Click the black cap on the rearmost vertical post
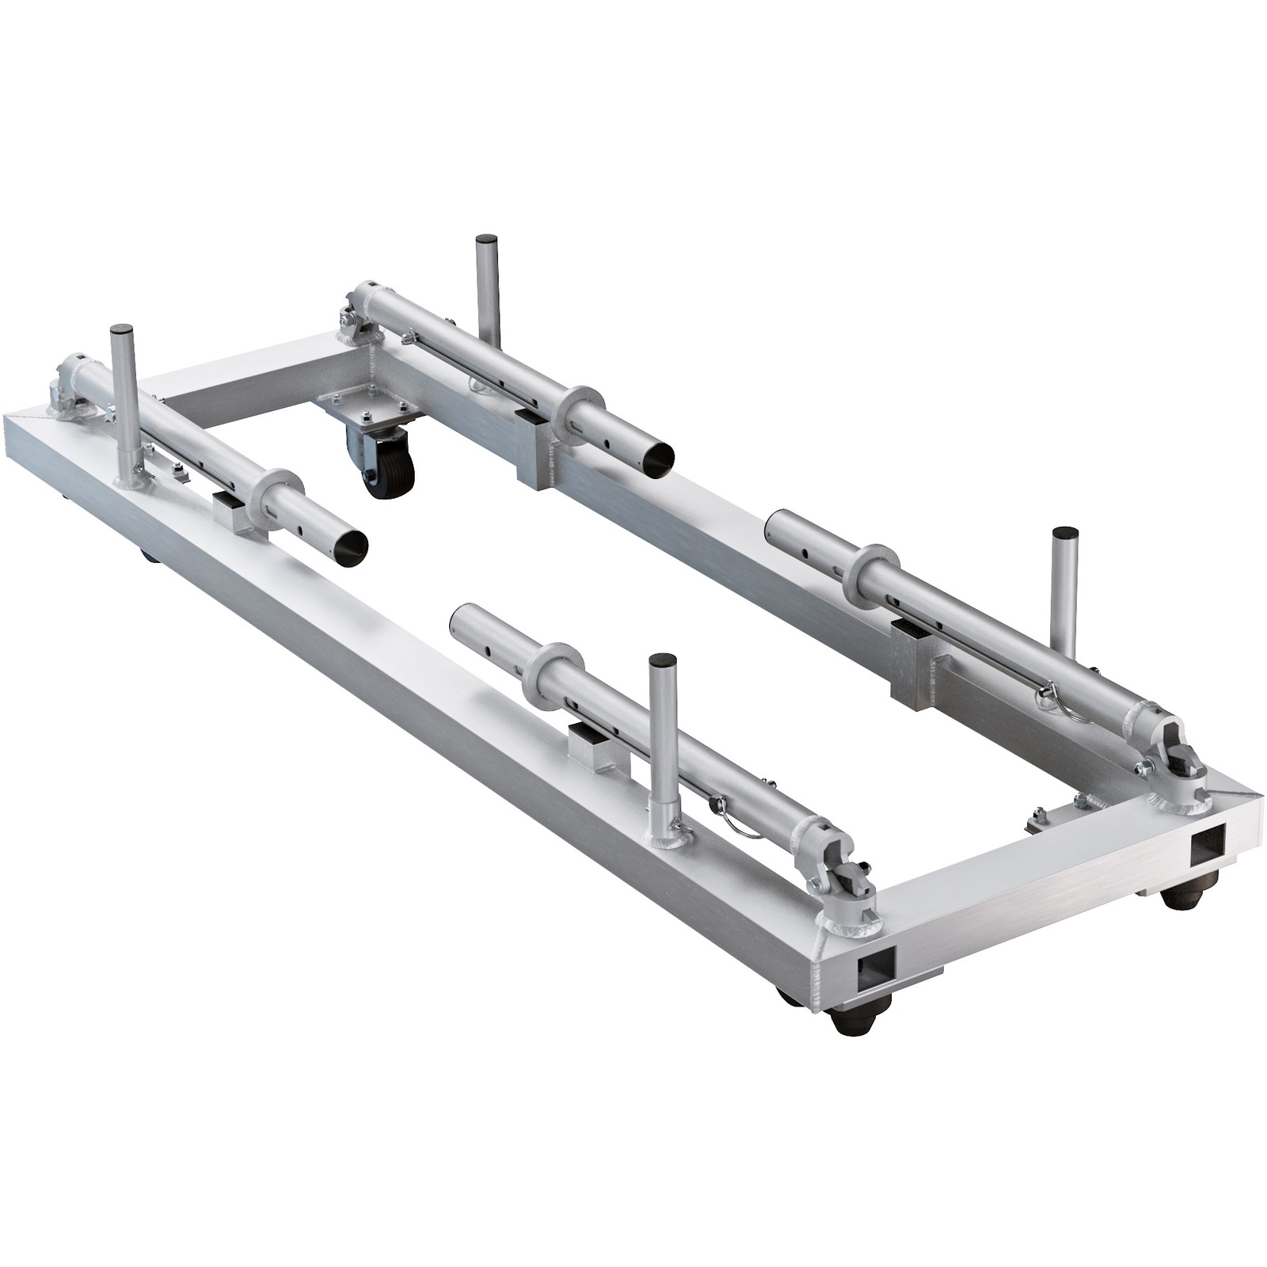[x=486, y=240]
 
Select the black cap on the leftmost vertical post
[x=121, y=329]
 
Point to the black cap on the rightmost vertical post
[x=1065, y=532]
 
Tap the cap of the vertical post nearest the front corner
[x=660, y=659]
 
